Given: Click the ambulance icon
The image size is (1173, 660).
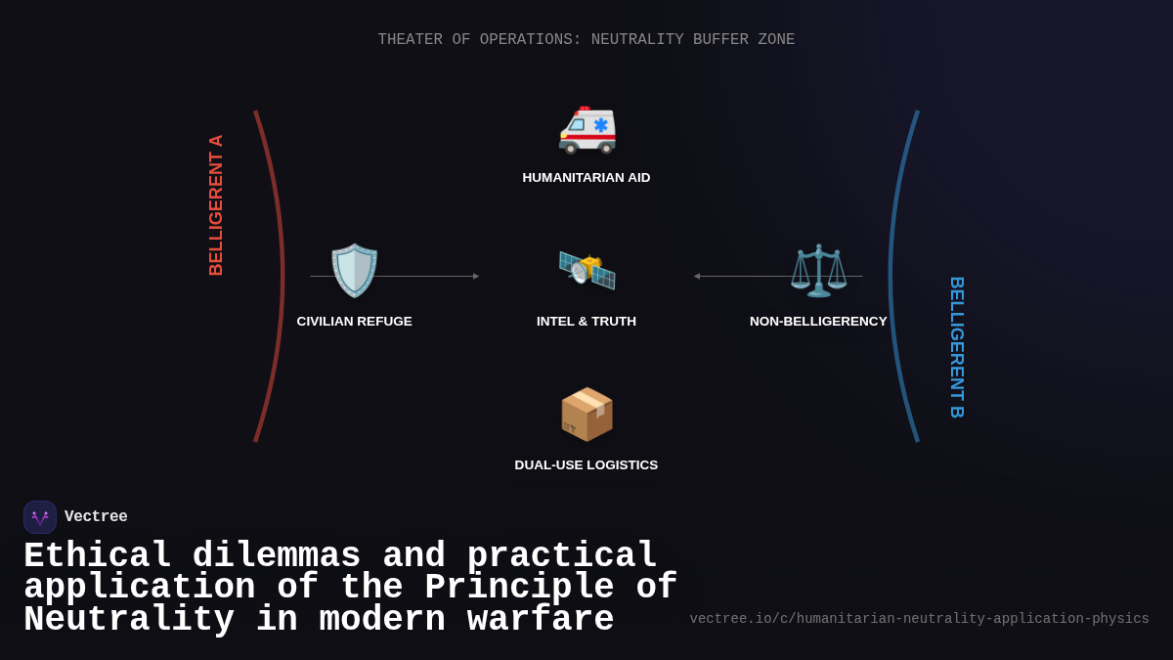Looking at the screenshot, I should tap(586, 129).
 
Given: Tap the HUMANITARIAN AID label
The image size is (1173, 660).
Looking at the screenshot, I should tap(586, 178).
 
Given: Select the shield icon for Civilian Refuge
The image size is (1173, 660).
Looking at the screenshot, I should tap(354, 270).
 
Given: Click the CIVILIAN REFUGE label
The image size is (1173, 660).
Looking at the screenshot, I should tap(355, 322).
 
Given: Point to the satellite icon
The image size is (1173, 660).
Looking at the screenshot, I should tap(586, 270).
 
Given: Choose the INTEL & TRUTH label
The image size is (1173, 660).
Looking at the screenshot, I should tap(586, 322).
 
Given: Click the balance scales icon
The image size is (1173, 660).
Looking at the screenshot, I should tap(818, 270).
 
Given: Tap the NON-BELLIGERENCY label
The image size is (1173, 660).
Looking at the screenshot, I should tap(818, 322).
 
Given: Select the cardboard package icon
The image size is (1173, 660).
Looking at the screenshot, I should tap(586, 414).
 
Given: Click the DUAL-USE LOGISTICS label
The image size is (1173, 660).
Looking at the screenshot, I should tap(586, 465).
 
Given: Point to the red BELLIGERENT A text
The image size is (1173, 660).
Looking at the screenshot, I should tap(216, 205).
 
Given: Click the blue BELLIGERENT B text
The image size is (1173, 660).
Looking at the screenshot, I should tap(957, 347).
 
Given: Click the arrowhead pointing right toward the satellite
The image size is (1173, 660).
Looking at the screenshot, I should tap(476, 277).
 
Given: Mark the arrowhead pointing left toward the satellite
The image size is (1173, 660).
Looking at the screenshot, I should tap(697, 277).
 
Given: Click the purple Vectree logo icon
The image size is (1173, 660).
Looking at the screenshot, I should tap(40, 517).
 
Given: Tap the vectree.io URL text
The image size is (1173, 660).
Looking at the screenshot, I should tap(919, 619).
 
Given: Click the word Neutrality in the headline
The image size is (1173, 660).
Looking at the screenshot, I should tap(129, 620).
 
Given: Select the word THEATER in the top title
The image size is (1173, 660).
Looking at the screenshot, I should tap(411, 40).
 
